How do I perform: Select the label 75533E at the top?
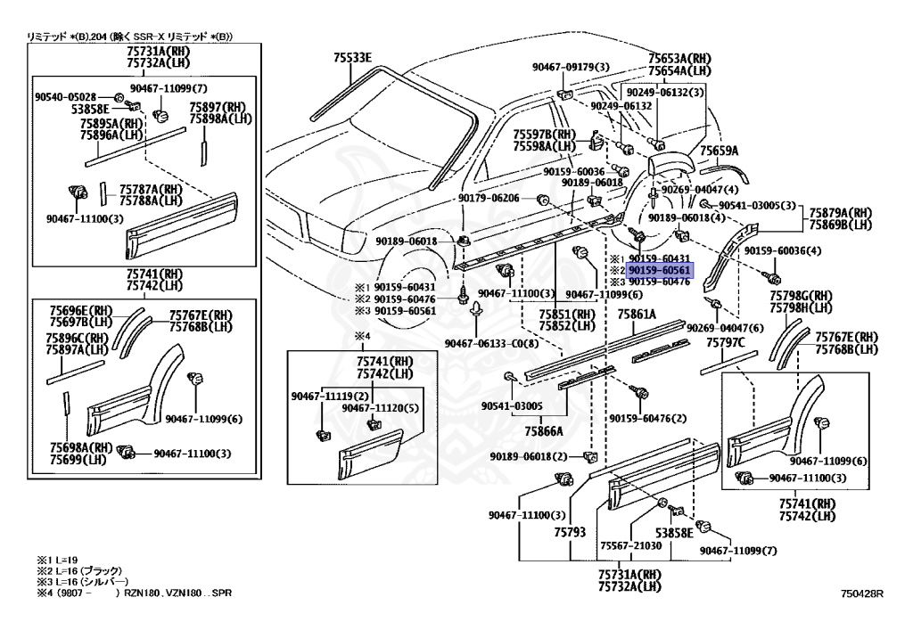pos(353,58)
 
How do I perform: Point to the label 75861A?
pos(637,315)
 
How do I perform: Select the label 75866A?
pos(543,430)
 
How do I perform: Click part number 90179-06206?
pos(489,198)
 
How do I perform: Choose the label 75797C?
pos(726,342)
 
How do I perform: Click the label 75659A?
pos(720,151)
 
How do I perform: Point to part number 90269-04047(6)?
pos(725,328)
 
